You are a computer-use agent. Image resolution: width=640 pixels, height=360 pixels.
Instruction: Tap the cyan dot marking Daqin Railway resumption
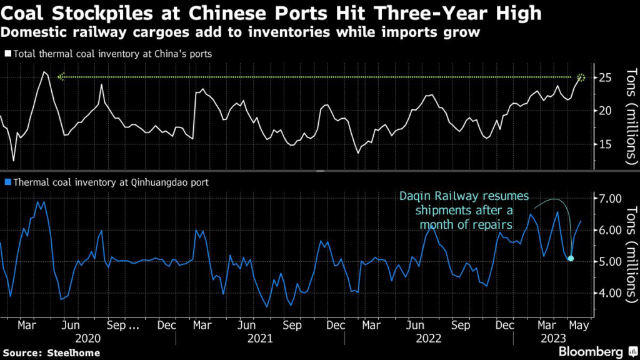coord(571,258)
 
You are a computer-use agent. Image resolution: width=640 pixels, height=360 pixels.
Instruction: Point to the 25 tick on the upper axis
coord(604,78)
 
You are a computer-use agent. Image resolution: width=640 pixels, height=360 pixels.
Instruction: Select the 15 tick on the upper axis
coord(604,144)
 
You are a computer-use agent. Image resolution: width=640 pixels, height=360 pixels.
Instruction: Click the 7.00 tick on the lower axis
coord(610,199)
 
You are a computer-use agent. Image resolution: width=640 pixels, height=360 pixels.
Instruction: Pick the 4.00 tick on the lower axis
coord(610,292)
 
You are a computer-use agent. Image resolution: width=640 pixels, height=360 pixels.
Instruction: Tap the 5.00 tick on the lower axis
coord(610,261)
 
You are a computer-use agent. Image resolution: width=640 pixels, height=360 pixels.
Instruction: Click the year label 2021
coord(259,339)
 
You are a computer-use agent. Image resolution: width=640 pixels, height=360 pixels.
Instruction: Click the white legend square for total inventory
coord(6,54)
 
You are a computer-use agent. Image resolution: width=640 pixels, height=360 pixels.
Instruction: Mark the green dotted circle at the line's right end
coord(582,77)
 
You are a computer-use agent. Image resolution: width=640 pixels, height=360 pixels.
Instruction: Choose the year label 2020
coord(87,339)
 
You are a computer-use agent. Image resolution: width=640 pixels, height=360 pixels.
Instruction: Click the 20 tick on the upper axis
coord(604,111)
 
